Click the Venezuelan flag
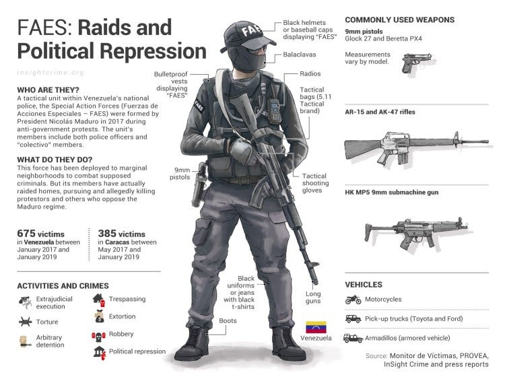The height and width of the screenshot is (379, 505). tap(316, 327)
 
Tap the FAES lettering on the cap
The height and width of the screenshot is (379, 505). tap(248, 31)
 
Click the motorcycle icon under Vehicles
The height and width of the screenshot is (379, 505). tap(353, 300)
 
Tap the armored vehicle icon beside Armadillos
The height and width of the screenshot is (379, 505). tap(353, 338)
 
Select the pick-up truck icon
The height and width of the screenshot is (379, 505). tap(353, 318)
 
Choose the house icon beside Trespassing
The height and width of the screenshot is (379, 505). tap(98, 298)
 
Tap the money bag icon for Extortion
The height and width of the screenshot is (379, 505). tap(98, 316)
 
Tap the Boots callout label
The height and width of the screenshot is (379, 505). tap(228, 321)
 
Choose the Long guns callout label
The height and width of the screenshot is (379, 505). tap(313, 298)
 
